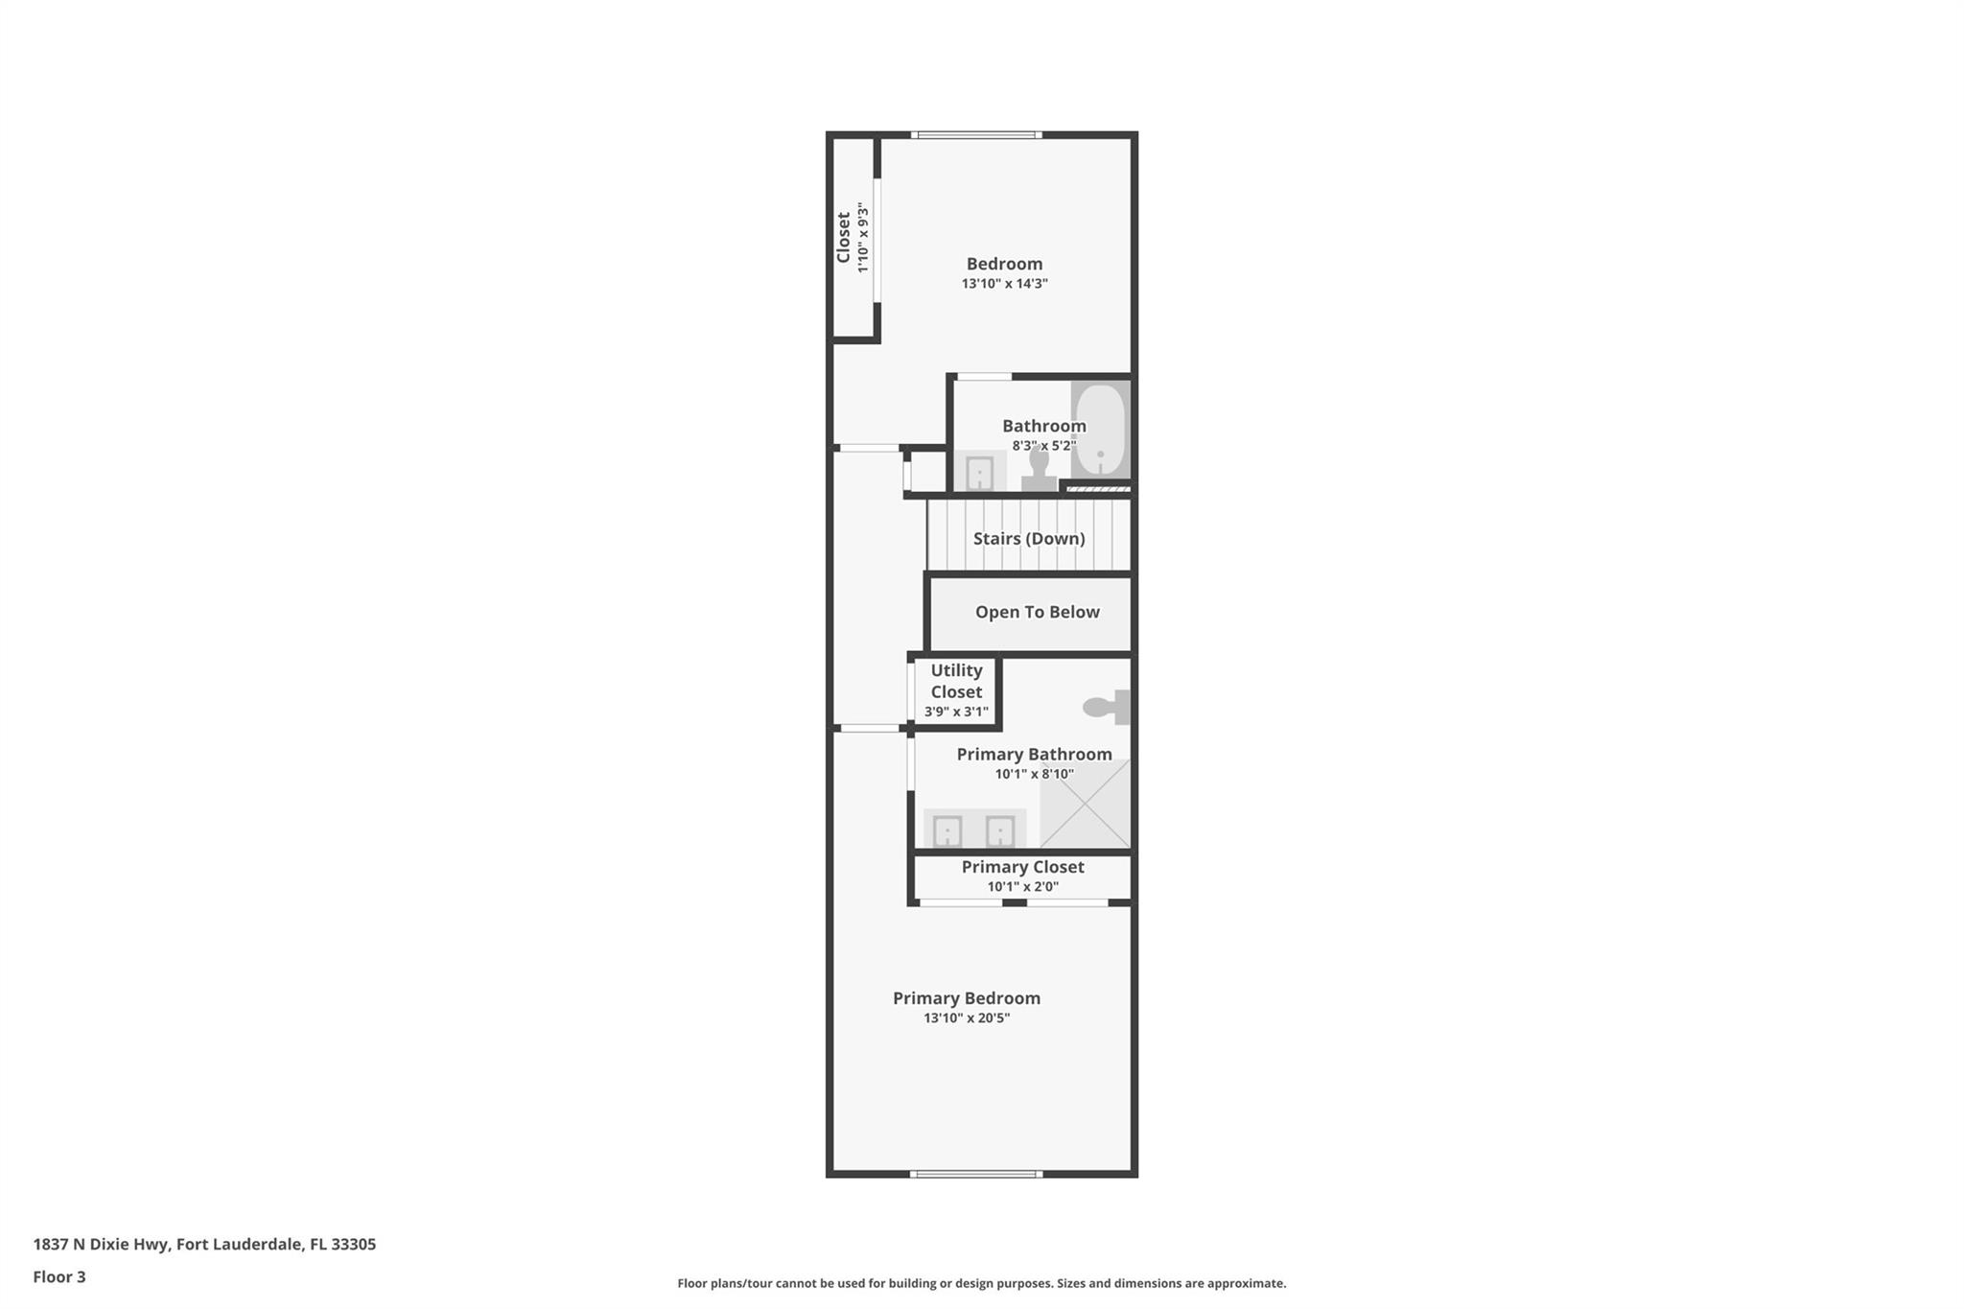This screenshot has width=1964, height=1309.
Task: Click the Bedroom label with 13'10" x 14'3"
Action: tap(1004, 264)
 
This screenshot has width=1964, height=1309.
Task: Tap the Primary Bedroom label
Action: tap(967, 998)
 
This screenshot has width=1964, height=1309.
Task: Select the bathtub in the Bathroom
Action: tap(1100, 429)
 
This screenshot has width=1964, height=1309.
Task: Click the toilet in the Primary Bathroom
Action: tap(1107, 708)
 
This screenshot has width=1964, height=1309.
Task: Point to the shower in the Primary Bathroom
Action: tap(1085, 804)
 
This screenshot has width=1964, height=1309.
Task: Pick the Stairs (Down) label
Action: tap(1029, 539)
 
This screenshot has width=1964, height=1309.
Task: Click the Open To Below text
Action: tap(1038, 612)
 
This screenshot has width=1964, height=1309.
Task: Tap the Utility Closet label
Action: tap(956, 681)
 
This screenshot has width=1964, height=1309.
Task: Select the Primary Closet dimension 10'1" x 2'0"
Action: tap(1023, 887)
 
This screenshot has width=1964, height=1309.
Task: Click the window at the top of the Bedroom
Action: tap(976, 135)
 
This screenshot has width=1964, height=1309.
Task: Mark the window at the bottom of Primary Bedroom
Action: tap(976, 1174)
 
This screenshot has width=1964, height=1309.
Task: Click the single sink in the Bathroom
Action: tap(979, 473)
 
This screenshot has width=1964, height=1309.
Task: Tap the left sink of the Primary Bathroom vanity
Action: tap(947, 831)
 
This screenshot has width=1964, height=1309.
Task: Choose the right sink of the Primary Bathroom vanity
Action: tap(1000, 831)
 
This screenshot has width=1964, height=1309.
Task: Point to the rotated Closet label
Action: tap(843, 238)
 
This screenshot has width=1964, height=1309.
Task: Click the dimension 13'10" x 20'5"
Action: tap(967, 1018)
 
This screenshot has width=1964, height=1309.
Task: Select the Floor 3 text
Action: tap(59, 1276)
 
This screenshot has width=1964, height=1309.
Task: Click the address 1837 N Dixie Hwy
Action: tap(103, 1244)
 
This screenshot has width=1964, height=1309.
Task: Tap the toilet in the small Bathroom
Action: tap(1039, 470)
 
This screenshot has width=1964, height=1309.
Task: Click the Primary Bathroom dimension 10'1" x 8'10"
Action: tap(1034, 774)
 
